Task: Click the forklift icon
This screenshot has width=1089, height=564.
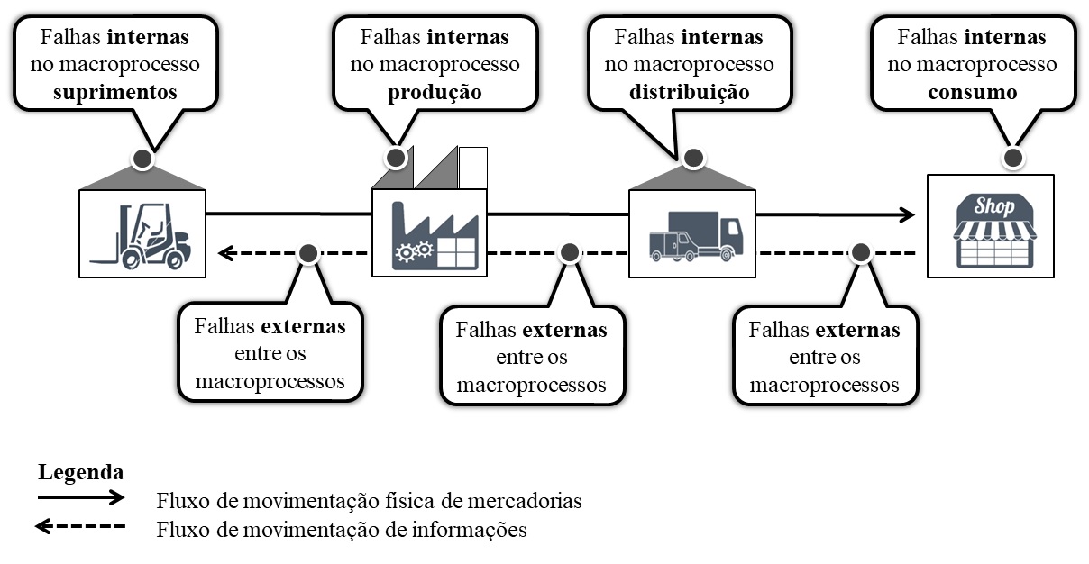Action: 142,235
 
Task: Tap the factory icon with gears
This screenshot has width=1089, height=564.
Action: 430,234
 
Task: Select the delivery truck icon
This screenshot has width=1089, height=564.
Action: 692,236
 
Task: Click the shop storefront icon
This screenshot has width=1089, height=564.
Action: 990,231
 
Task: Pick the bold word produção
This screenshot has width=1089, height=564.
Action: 434,93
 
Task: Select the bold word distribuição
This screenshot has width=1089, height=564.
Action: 689,93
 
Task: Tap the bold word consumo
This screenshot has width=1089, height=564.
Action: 974,93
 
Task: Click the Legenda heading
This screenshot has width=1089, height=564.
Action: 80,472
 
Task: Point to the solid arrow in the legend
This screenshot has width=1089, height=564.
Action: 80,496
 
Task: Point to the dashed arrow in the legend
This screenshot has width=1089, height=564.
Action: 80,527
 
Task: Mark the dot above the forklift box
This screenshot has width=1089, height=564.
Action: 142,160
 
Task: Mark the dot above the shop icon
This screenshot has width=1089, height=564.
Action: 1013,159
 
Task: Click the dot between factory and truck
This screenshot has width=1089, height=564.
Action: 570,253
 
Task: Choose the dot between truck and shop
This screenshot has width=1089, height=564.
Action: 861,253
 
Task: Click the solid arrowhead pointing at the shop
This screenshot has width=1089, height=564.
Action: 907,214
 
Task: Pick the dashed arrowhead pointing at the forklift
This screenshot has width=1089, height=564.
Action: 226,253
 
